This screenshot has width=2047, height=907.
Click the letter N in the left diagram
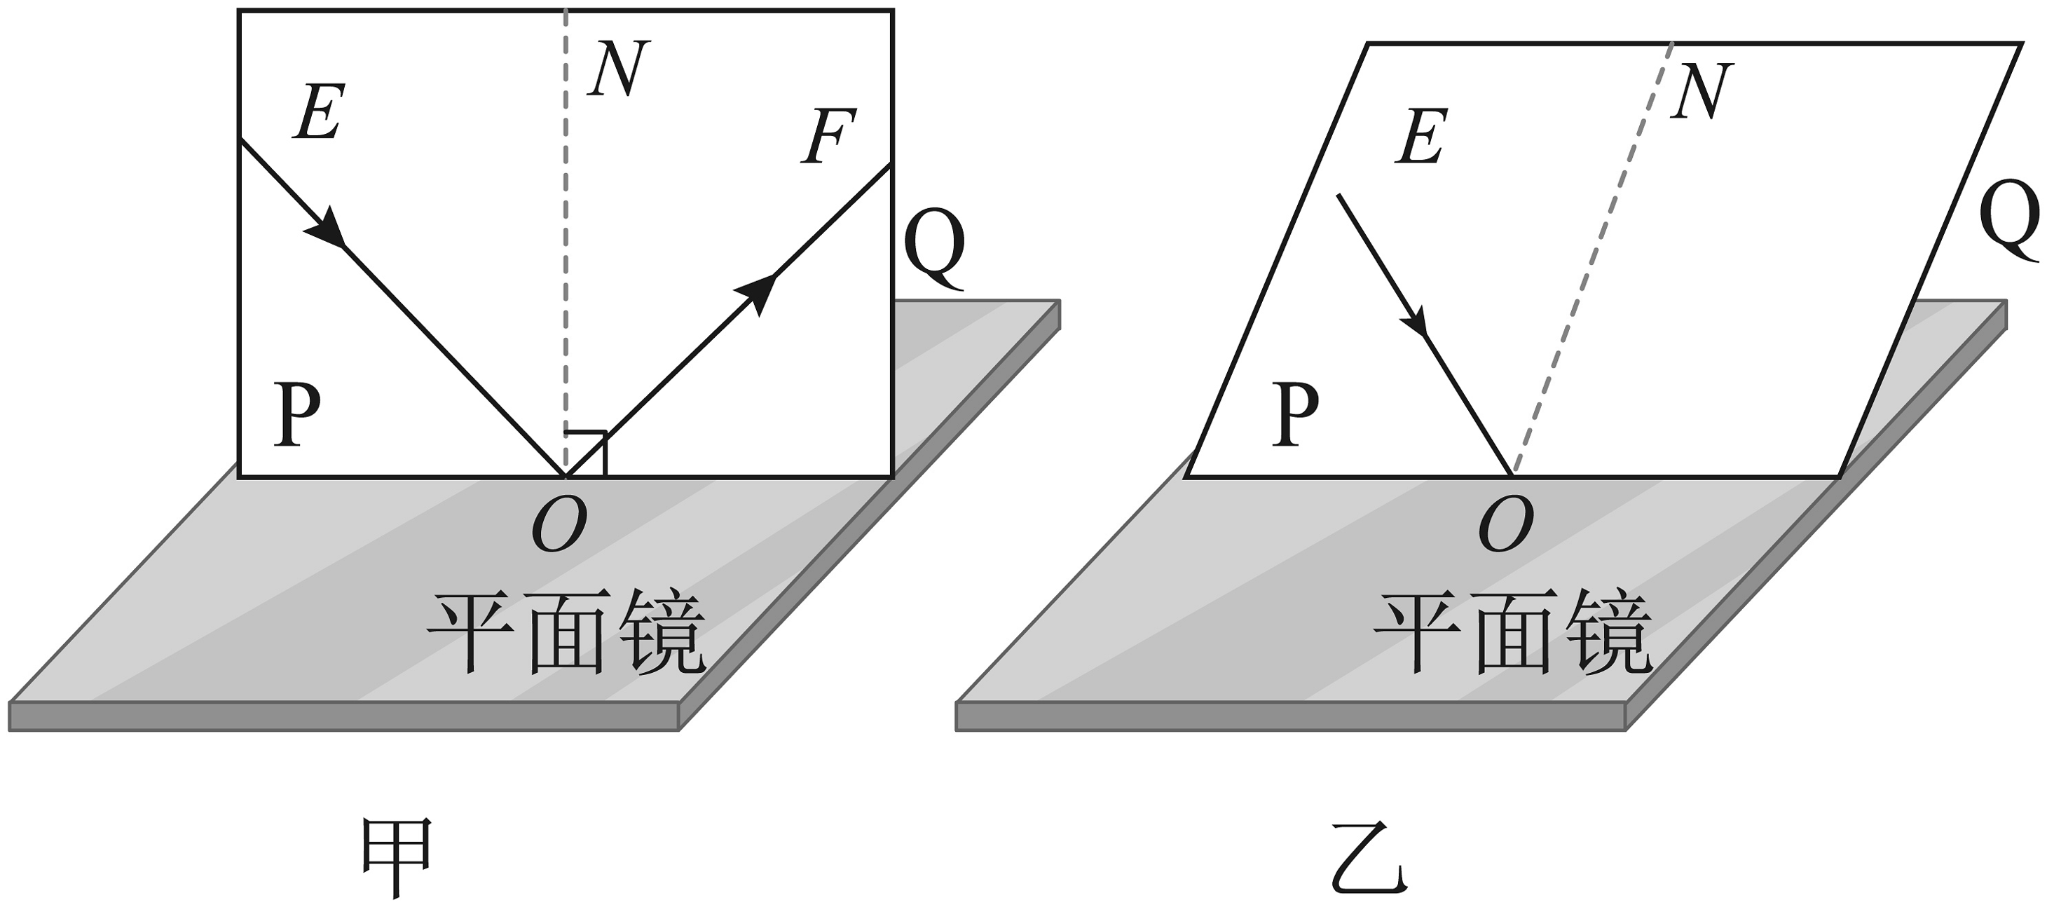click(x=618, y=69)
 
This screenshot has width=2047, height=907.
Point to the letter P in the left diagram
click(x=296, y=414)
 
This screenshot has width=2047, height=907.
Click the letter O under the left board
click(x=559, y=526)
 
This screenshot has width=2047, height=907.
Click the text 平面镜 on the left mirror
click(x=566, y=633)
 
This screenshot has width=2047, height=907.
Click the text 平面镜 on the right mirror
click(x=1513, y=633)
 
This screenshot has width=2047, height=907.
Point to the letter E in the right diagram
click(x=1422, y=136)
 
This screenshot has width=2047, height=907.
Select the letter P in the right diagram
click(x=1294, y=414)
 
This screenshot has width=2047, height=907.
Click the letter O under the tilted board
click(x=1506, y=526)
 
